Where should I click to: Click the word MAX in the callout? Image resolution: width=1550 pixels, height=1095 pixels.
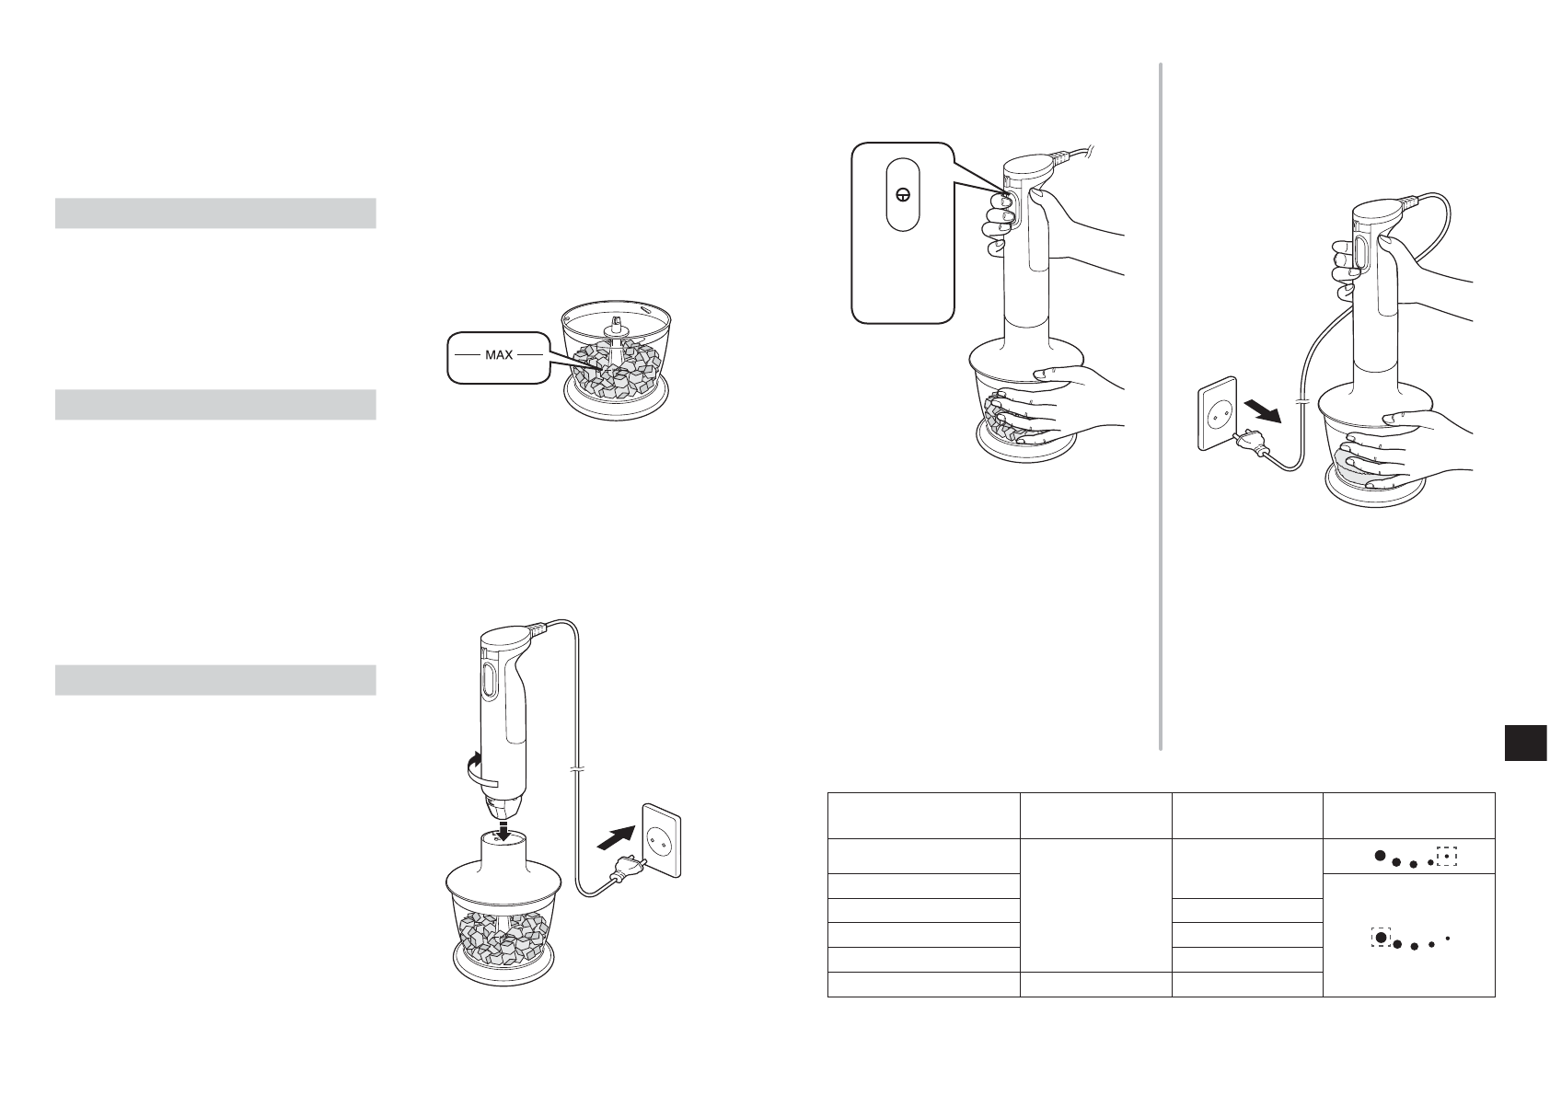click(x=498, y=354)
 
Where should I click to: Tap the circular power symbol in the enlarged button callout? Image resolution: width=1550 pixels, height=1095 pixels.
click(x=904, y=195)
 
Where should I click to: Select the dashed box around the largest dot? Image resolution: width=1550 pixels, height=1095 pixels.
click(x=1380, y=937)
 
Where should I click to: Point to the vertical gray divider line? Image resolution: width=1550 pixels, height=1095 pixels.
click(x=1161, y=405)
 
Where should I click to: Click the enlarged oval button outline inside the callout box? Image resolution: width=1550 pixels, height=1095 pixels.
click(x=904, y=195)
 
